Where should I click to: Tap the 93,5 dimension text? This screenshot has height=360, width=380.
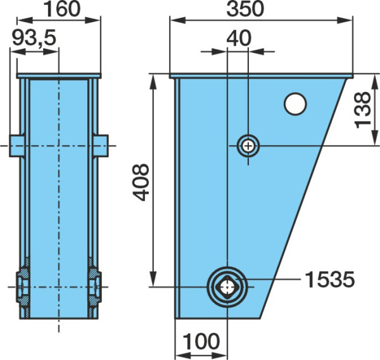34,38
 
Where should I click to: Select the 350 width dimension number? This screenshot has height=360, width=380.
244,10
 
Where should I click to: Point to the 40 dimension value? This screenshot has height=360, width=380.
239,38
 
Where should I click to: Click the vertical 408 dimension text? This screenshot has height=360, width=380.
141,182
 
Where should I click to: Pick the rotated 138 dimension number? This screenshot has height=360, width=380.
362,110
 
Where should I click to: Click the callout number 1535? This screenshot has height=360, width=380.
330,280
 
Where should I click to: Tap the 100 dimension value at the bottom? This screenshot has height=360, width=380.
201,341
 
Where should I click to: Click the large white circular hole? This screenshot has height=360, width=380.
295,104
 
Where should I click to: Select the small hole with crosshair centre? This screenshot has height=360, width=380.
248,146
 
